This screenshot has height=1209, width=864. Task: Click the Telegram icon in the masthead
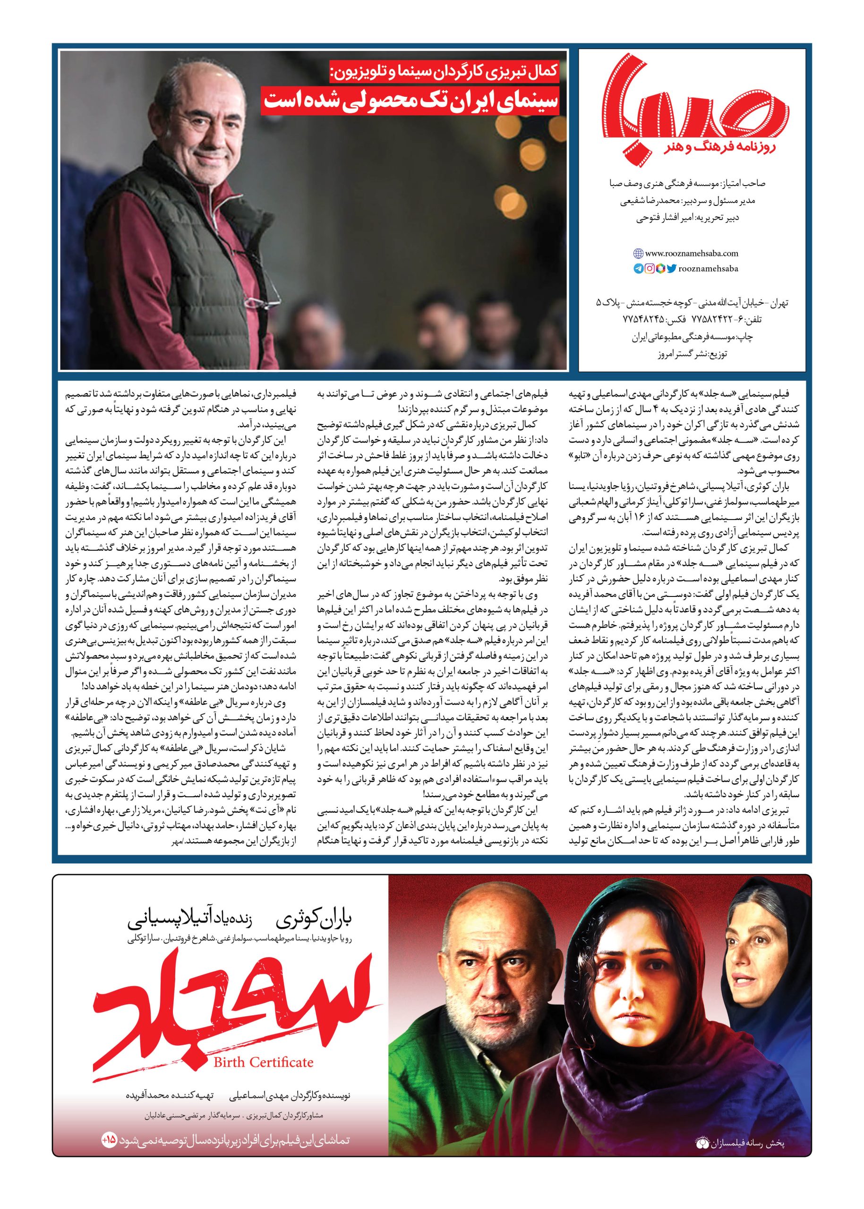point(637,269)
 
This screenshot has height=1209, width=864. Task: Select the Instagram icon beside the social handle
point(649,269)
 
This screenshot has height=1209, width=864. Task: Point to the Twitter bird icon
point(672,269)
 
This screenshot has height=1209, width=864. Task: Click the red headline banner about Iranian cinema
point(409,101)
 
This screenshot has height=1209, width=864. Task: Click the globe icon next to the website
point(638,254)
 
